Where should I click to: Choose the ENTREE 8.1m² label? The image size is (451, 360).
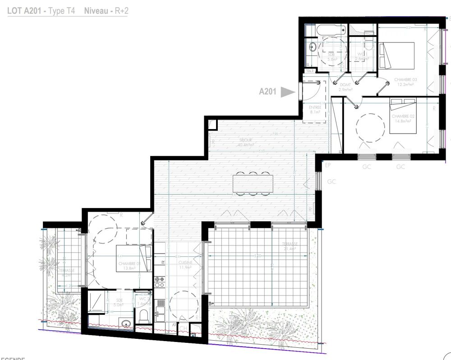(x=315, y=110)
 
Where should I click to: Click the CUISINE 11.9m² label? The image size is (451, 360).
(x=185, y=265)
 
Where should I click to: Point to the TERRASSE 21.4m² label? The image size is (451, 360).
(x=289, y=245)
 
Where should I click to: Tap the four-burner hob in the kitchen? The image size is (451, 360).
(x=160, y=282)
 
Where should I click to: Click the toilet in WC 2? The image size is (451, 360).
(x=144, y=314)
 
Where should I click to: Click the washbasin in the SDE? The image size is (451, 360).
(x=126, y=323)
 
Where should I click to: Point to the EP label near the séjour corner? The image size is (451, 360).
(x=328, y=166)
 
